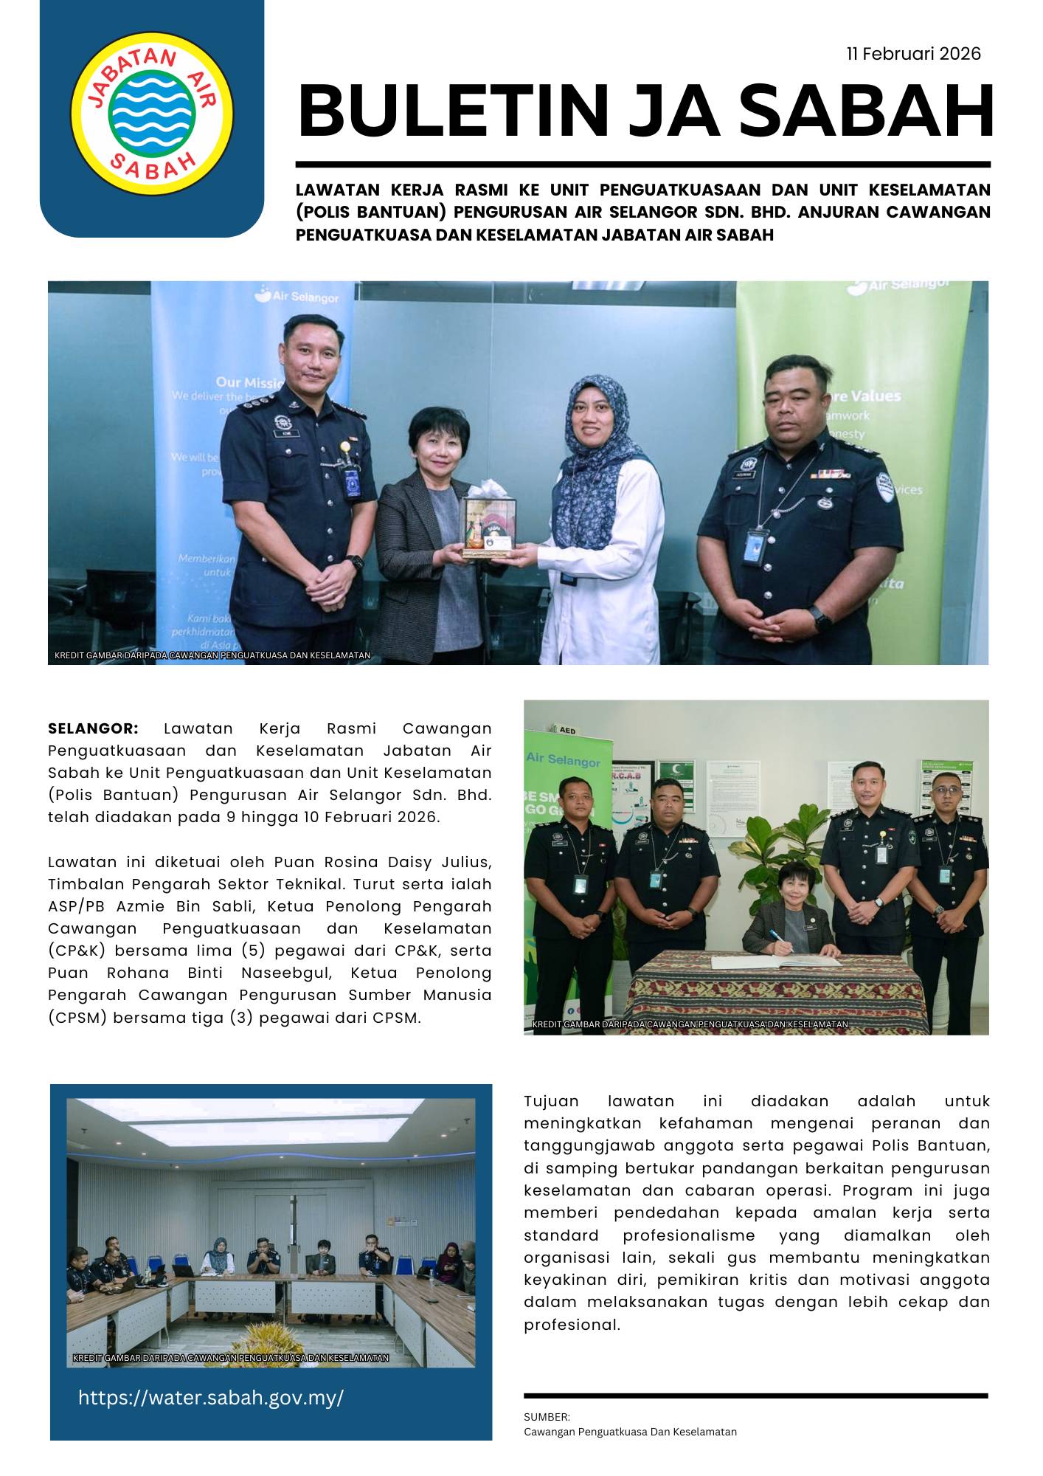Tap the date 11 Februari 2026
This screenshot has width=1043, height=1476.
[913, 54]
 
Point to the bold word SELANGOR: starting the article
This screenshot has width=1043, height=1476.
[93, 728]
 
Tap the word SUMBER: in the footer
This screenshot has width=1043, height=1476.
[547, 1417]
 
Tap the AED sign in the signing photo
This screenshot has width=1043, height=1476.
[566, 730]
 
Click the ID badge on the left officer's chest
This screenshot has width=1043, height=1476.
[350, 483]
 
